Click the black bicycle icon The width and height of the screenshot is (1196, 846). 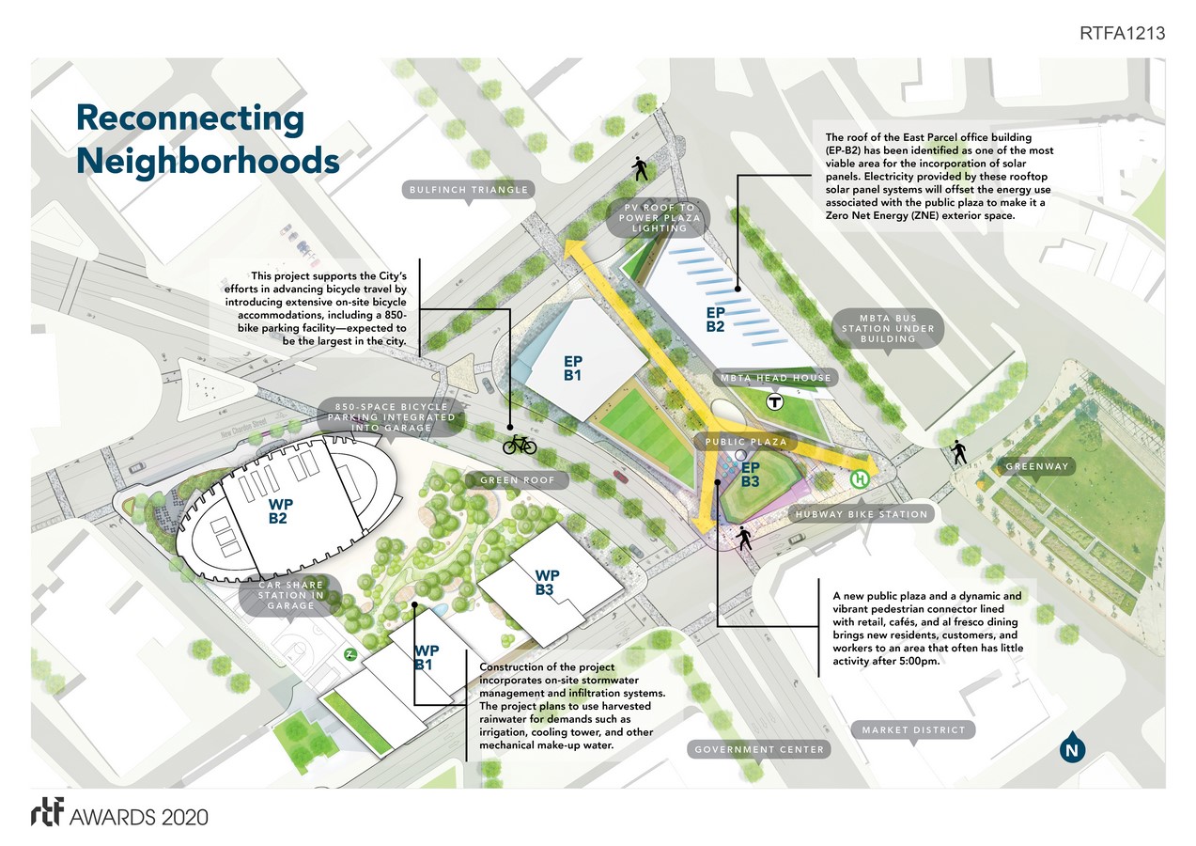(x=519, y=444)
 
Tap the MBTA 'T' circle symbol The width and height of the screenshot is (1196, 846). (x=775, y=402)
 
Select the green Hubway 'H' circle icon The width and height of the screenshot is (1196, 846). (x=859, y=479)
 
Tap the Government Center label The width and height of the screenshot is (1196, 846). (x=759, y=749)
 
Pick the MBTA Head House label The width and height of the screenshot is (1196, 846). (x=775, y=378)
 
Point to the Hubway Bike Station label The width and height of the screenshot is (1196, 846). (x=862, y=514)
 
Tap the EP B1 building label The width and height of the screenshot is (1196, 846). (x=573, y=368)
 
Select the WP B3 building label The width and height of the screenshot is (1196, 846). (x=548, y=583)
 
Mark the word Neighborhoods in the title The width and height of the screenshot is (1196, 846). (x=208, y=161)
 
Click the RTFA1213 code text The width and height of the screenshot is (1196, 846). (x=1123, y=34)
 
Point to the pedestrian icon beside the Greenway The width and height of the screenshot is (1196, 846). (x=958, y=453)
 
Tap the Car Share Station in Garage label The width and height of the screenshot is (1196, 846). (x=290, y=595)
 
